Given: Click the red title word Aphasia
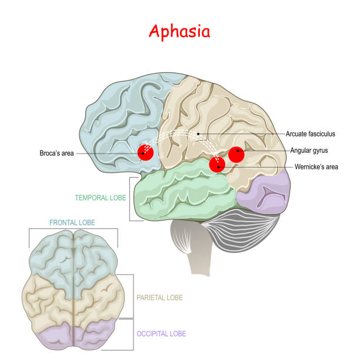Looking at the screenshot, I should [179, 31].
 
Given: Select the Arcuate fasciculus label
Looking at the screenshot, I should [311, 134].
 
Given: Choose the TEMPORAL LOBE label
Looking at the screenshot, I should [100, 198].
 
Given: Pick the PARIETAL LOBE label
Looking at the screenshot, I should [159, 298].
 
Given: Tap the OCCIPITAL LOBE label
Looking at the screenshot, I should [161, 334].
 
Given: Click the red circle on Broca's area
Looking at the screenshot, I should [145, 153].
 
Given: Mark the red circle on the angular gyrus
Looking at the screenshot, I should [236, 154].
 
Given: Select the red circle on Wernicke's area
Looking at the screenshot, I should [218, 164].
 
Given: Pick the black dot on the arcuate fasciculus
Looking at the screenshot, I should [198, 134].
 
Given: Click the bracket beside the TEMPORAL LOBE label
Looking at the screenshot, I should [131, 198].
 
